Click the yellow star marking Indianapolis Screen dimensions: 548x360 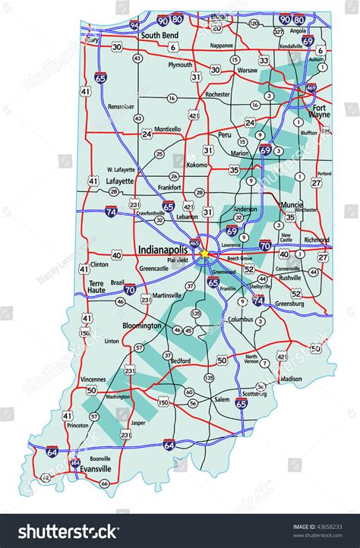203,254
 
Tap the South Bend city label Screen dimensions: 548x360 159,35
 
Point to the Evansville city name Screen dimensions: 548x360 96,470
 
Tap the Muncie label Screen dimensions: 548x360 290,205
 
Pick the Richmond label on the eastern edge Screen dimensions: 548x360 316,240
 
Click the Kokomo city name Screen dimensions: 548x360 197,164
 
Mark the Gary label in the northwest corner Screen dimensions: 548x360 93,39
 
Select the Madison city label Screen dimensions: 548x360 291,379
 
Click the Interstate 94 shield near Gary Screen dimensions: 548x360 134,25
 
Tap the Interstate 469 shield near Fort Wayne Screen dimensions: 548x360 311,89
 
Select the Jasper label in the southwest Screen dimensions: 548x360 137,422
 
